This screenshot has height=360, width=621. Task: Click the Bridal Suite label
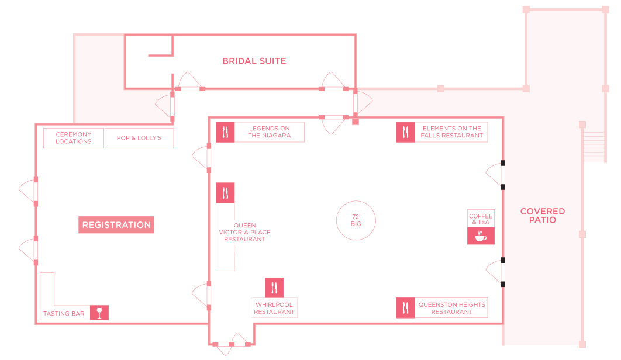pos(254,61)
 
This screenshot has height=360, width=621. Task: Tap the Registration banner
pos(116,225)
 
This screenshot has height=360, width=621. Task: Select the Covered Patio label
pos(543,216)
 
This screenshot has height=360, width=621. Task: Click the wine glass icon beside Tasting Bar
pos(99,313)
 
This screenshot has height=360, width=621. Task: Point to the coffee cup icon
pos(481,237)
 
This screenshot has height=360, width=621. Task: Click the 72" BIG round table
pos(356,220)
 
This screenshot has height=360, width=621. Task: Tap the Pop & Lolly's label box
pos(139,138)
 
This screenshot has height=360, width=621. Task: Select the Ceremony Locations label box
pos(74,138)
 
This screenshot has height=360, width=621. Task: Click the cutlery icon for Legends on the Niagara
pos(225,132)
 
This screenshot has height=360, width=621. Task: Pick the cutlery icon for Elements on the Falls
pos(406,132)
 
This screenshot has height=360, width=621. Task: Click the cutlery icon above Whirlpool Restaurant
pos(274,288)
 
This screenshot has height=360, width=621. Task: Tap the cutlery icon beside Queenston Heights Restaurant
pos(406,308)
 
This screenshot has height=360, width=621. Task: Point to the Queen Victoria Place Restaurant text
pos(245,232)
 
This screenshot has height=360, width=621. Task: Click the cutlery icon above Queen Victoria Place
pos(225,193)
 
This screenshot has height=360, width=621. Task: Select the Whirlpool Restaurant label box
pos(274,308)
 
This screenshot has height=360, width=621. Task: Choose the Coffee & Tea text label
pos(481,219)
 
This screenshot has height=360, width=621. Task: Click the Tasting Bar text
pos(64,314)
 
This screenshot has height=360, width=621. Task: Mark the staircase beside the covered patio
pos(594,147)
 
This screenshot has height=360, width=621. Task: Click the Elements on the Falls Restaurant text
pos(452,132)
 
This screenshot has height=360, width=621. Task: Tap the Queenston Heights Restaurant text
pos(452,308)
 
